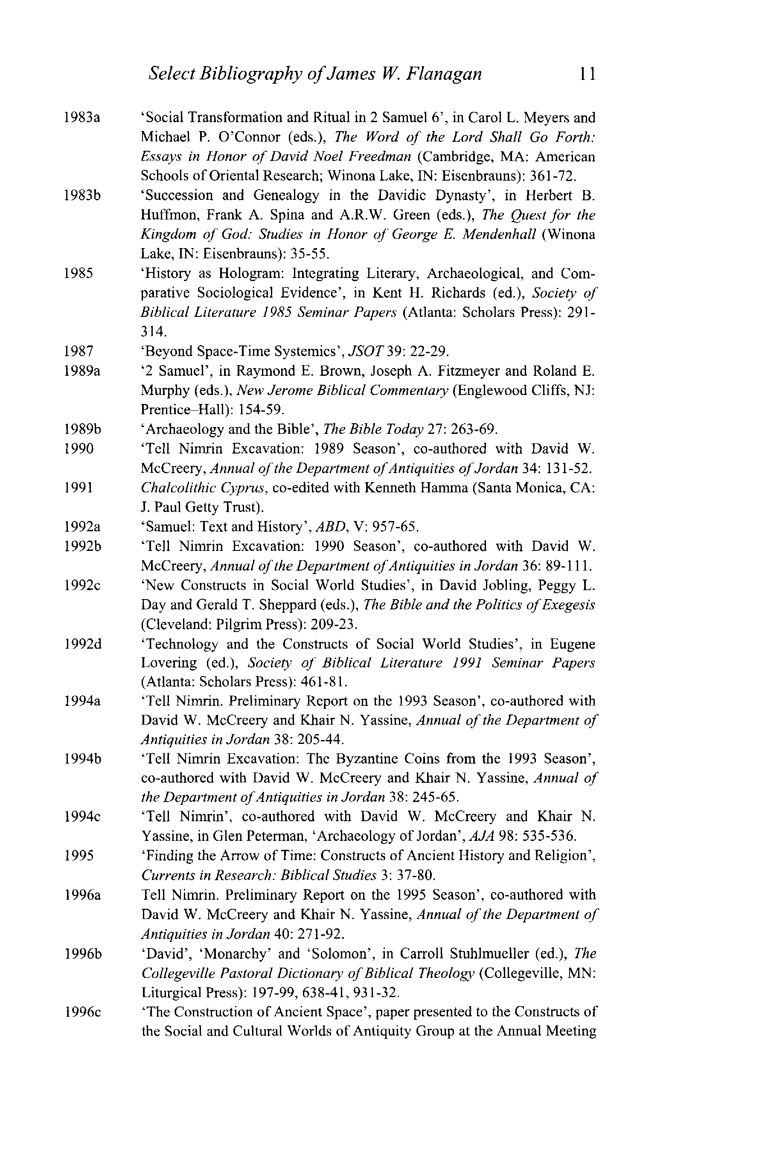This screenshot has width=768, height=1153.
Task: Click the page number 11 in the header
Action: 587,74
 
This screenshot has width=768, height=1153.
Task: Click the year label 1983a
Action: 82,118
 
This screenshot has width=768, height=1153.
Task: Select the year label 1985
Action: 79,273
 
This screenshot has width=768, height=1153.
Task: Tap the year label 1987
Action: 79,351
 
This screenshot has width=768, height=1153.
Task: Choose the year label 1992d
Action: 82,644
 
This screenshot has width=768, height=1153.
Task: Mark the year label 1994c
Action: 82,816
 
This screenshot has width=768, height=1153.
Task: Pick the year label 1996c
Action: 82,1011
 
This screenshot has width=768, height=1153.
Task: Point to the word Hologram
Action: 251,273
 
